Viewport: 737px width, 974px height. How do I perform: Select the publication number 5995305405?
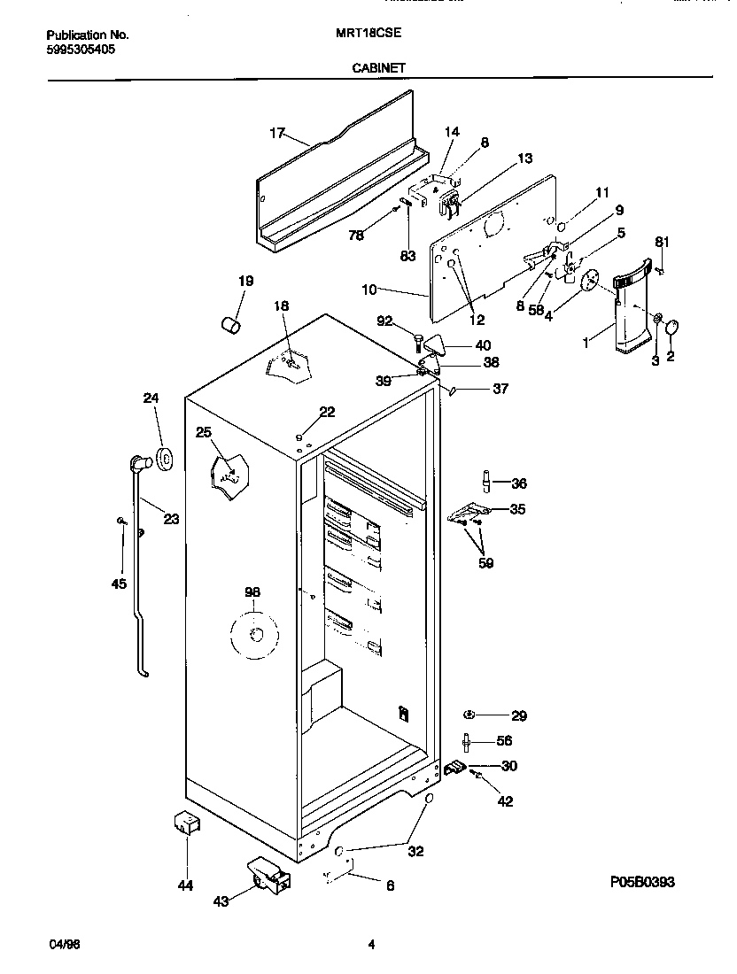coord(79,50)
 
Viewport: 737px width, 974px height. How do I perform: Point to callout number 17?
coord(276,134)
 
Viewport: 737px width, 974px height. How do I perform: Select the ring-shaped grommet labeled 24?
coord(164,458)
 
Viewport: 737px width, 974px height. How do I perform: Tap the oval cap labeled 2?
coord(671,329)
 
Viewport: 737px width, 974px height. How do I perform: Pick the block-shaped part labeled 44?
coord(187,823)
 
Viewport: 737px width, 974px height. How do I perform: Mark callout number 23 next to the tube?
coord(170,519)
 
